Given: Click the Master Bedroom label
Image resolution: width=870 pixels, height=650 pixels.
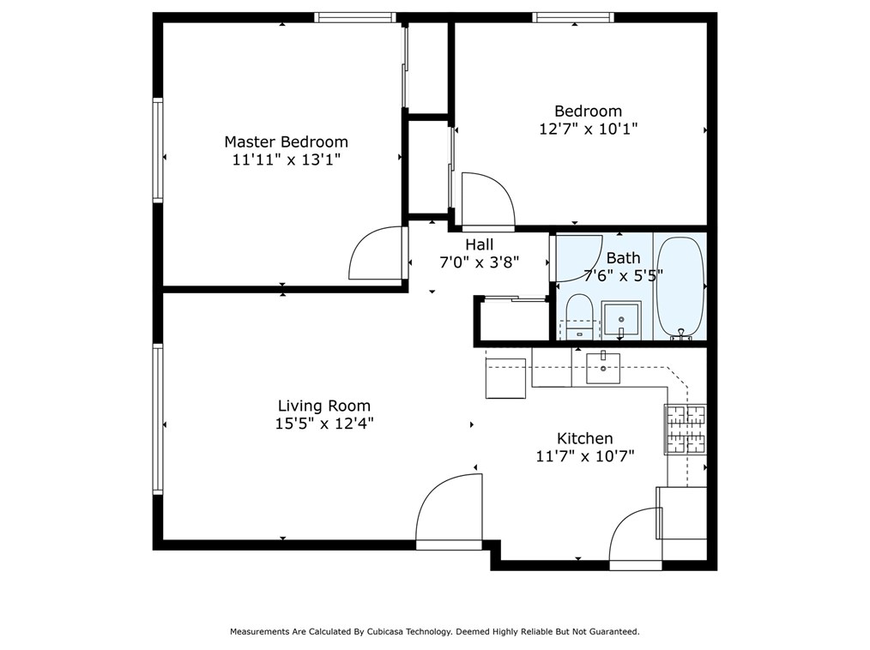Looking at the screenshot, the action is point(286,142).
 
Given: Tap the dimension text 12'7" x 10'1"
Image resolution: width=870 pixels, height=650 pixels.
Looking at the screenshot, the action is point(588,129).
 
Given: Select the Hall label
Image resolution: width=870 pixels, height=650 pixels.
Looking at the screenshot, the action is point(480,244).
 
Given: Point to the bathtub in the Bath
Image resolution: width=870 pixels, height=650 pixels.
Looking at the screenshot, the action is point(680,287).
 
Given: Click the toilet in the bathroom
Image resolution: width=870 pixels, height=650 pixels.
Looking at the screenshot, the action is point(580,317).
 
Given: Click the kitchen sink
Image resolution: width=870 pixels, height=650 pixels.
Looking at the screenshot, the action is point(603,368).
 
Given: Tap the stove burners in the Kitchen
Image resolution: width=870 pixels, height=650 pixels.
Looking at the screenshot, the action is point(686,429).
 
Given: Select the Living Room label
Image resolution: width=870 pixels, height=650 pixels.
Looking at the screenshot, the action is point(324,406).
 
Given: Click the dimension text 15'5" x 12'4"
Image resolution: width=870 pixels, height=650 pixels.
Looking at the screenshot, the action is point(324,424).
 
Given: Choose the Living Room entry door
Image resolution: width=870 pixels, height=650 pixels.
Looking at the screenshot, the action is point(449,511).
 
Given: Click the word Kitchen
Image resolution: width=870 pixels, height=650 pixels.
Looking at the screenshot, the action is point(585,439).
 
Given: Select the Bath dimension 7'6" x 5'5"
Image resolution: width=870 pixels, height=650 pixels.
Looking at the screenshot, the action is point(624,275).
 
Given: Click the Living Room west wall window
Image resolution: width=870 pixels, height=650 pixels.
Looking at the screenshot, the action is point(158,418).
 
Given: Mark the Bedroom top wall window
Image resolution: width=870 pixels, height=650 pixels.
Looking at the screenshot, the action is point(574,17).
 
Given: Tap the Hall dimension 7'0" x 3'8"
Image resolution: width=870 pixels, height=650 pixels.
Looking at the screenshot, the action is point(480,263).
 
